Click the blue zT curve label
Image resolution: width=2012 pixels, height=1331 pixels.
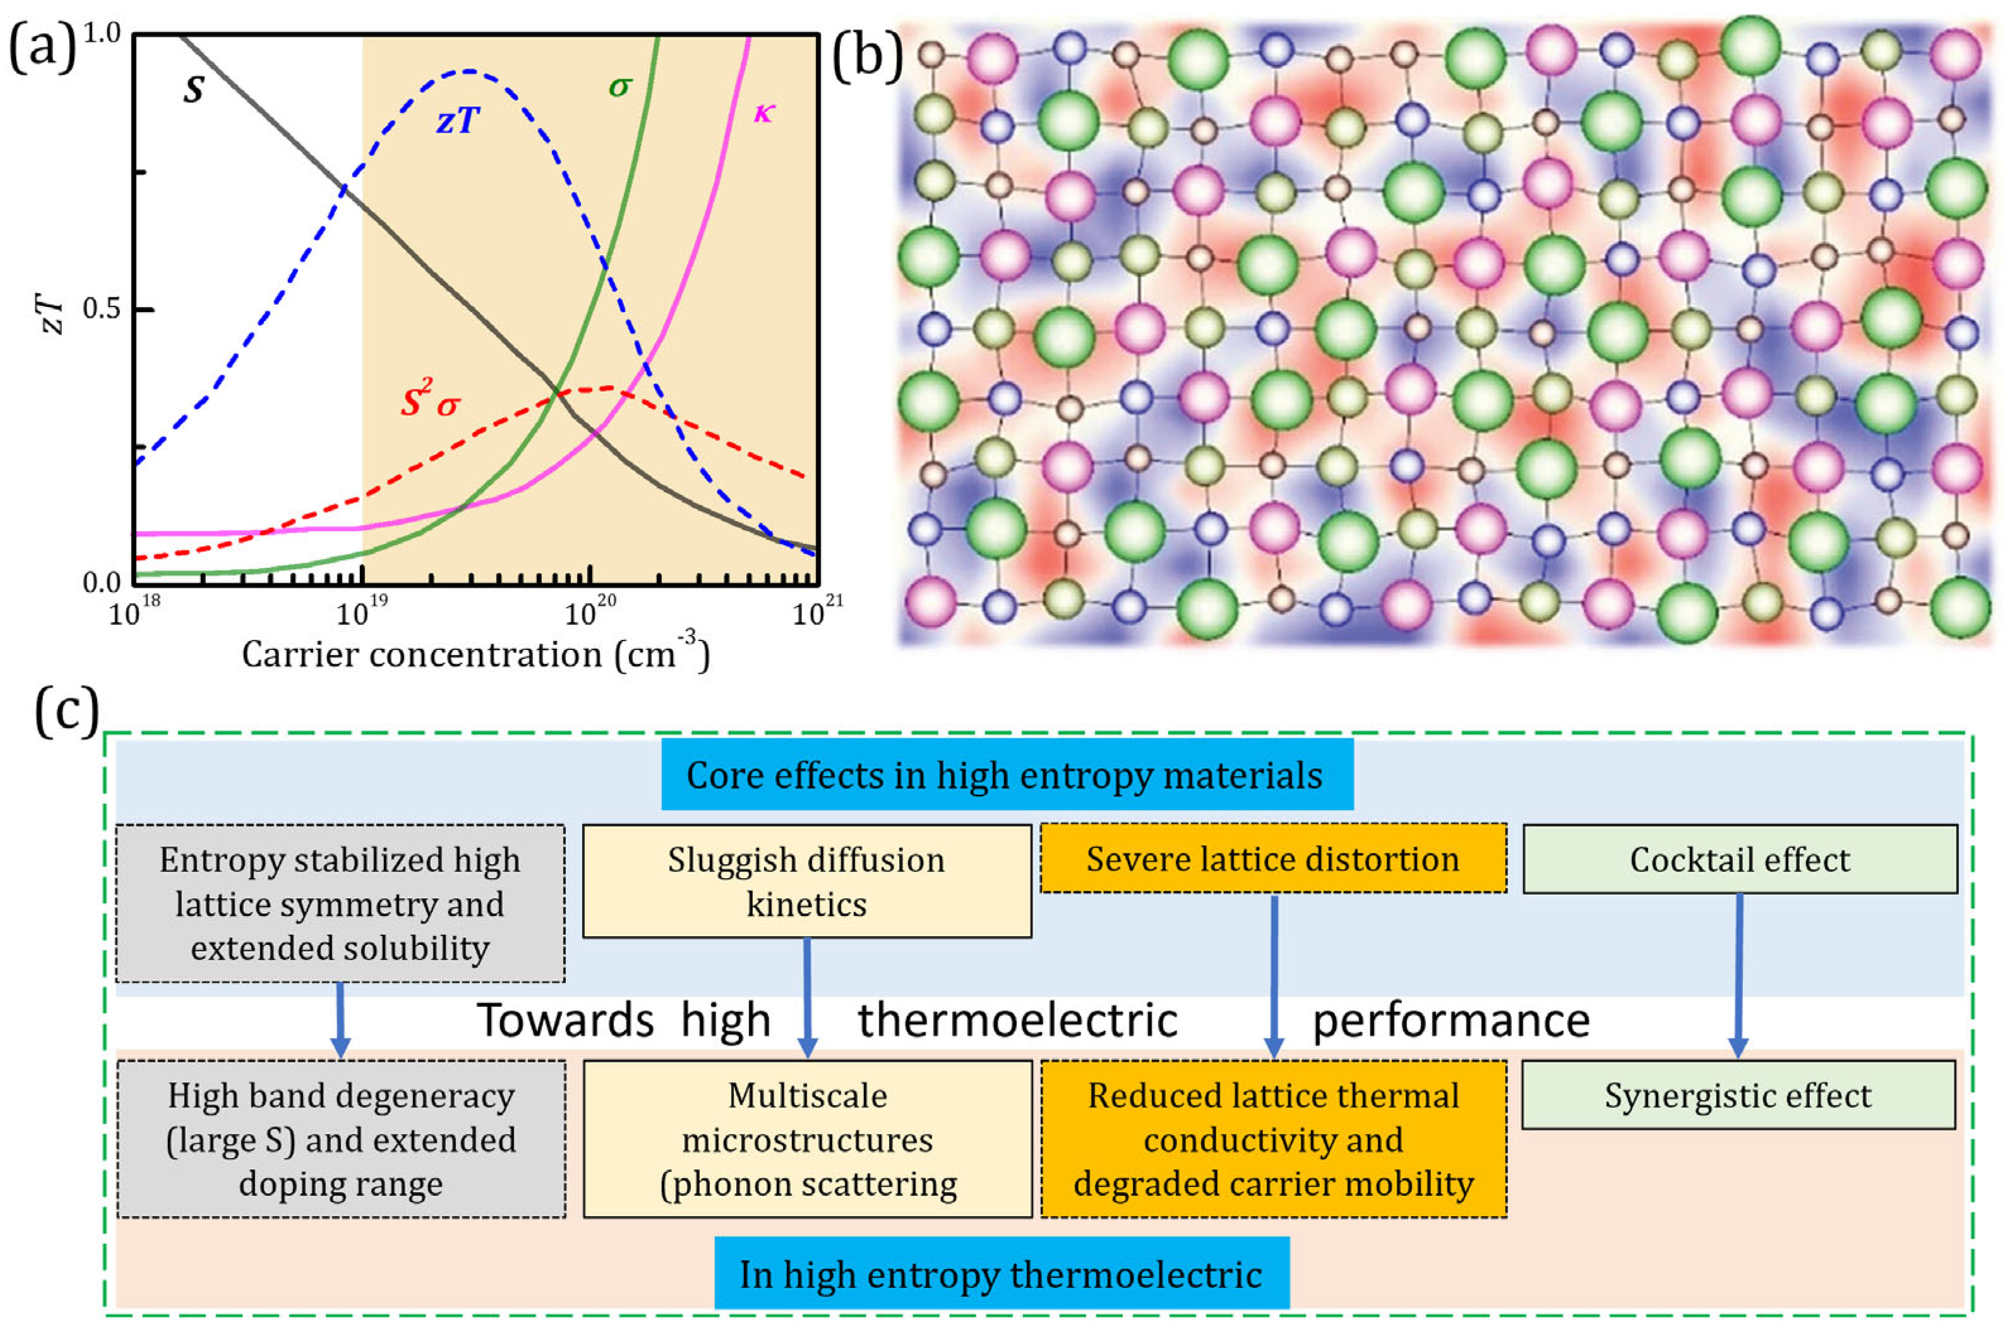tap(458, 121)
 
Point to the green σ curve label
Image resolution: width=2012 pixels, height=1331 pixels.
tap(620, 86)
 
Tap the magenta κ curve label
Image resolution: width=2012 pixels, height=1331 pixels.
tap(763, 112)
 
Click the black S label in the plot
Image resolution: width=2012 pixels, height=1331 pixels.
tap(193, 88)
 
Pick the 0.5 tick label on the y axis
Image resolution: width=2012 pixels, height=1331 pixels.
tap(102, 309)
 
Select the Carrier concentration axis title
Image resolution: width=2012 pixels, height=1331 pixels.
tap(475, 654)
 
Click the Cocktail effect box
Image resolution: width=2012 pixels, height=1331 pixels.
tap(1740, 860)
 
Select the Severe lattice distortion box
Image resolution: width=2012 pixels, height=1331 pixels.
tap(1273, 859)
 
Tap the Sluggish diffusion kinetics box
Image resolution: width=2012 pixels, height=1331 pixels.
tap(806, 881)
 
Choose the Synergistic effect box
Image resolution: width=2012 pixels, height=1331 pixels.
tap(1738, 1095)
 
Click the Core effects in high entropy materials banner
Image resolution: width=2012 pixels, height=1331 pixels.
tap(1007, 775)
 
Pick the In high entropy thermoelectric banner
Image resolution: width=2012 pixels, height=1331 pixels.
tap(1002, 1274)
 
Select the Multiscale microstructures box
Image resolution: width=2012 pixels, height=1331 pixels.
tap(807, 1138)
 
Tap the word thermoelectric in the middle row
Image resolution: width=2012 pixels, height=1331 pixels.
tap(1017, 1020)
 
